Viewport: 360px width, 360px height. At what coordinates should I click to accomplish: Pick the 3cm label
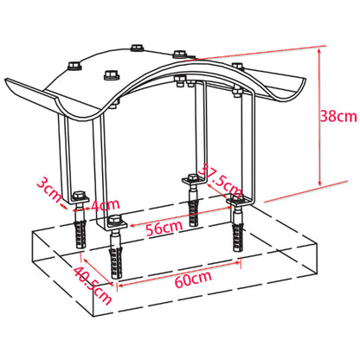tap(48, 185)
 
